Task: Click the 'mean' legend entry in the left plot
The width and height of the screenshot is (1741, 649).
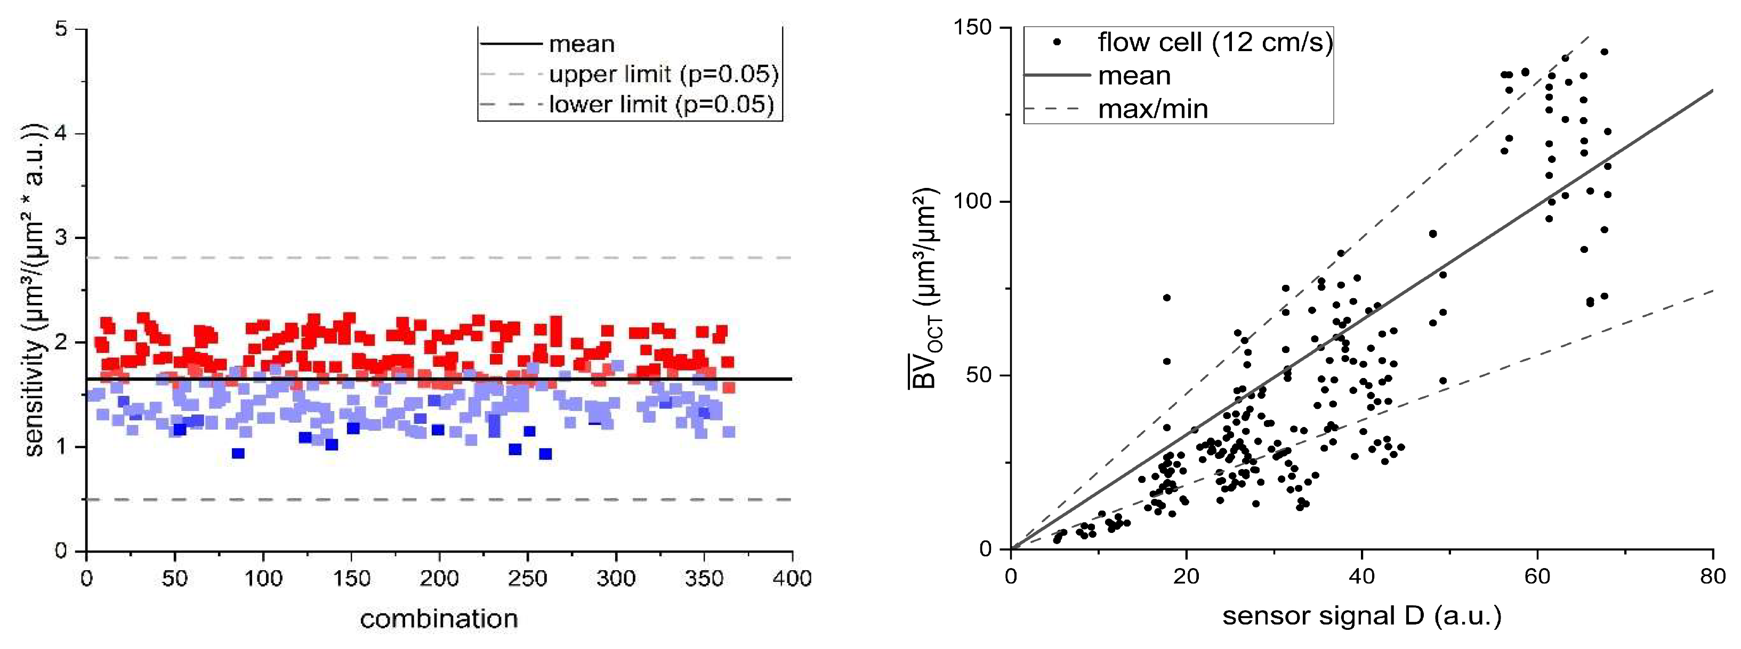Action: click(581, 45)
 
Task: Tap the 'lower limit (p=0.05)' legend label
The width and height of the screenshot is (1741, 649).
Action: click(660, 105)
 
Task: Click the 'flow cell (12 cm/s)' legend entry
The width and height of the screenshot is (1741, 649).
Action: click(1214, 43)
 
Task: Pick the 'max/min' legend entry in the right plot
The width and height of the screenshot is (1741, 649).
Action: click(1152, 109)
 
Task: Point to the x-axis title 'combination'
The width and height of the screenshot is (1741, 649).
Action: click(439, 619)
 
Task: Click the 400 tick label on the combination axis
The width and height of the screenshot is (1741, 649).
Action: click(792, 579)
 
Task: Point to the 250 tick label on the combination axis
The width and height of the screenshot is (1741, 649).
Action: click(527, 579)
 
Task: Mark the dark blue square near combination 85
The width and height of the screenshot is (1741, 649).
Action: click(238, 453)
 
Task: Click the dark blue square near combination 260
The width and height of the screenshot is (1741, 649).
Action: click(545, 454)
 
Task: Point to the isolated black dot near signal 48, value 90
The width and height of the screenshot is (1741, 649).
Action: click(1432, 234)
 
